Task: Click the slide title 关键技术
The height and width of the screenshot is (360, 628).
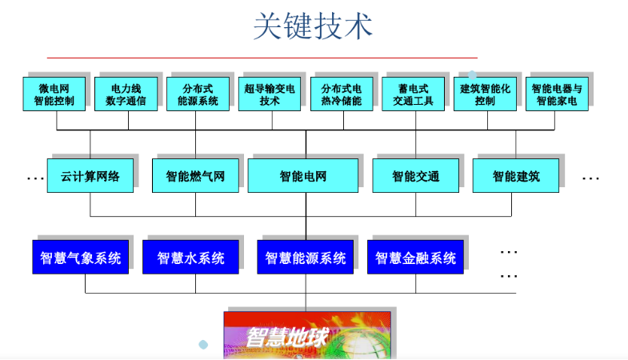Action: click(313, 26)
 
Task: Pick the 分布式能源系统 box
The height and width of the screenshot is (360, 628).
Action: click(198, 94)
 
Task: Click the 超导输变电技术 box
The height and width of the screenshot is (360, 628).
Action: click(270, 94)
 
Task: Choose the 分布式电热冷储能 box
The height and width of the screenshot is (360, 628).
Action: click(342, 94)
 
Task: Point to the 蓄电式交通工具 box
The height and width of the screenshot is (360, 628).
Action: click(414, 94)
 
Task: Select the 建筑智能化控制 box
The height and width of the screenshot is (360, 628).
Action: click(486, 94)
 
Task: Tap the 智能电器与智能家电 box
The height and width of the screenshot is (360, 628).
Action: click(557, 94)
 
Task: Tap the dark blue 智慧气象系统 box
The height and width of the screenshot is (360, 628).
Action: click(81, 258)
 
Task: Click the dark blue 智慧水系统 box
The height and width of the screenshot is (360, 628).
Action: click(190, 258)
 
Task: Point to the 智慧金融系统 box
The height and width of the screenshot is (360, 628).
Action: click(415, 258)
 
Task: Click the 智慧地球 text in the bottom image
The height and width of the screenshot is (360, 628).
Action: click(286, 337)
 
